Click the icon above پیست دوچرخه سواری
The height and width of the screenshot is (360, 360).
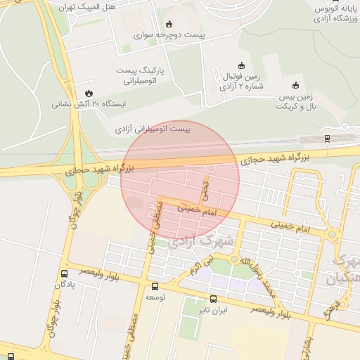[x=168, y=23]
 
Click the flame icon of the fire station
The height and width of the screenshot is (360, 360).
[x=88, y=93]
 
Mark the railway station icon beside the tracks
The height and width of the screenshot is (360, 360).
[x=327, y=139]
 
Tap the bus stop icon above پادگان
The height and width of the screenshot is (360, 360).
[x=65, y=274]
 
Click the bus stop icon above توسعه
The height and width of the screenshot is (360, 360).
[x=155, y=286]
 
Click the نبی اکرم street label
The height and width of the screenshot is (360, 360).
[x=199, y=265]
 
